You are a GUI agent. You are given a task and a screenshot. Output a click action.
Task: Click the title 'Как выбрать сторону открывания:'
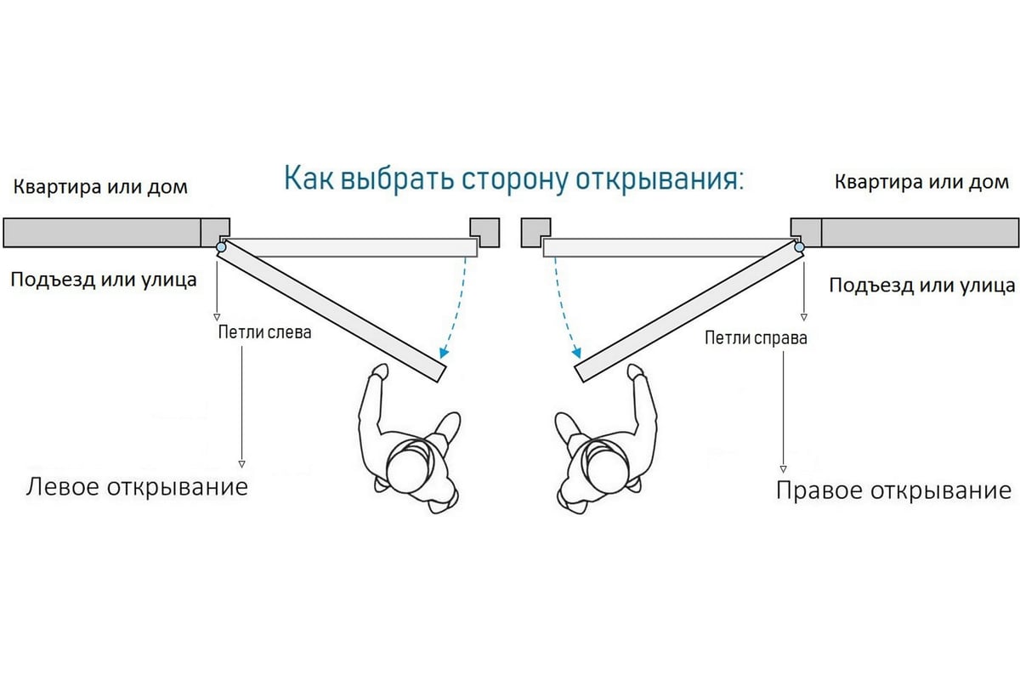click(513, 180)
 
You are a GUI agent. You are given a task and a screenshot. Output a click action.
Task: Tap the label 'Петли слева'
click(264, 332)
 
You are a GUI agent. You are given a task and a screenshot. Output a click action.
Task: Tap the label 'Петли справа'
click(756, 338)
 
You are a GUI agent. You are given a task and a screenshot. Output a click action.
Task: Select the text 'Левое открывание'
click(137, 487)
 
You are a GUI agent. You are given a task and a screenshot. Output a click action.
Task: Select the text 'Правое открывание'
click(893, 491)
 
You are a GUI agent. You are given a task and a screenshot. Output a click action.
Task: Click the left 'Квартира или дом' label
click(100, 185)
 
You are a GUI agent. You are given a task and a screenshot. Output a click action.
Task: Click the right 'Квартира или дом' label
click(922, 182)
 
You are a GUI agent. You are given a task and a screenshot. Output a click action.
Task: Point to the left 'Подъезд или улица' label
click(103, 279)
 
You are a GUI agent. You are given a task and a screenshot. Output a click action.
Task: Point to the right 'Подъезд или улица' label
click(922, 285)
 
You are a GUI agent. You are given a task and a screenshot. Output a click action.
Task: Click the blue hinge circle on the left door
click(222, 247)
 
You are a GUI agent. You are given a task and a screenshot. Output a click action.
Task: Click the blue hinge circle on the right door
click(799, 247)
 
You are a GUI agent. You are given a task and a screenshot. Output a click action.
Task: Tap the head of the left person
click(410, 465)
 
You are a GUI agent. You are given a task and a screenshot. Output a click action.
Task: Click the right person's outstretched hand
click(634, 372)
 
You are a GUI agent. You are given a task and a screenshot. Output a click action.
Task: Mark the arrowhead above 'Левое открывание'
click(241, 464)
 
